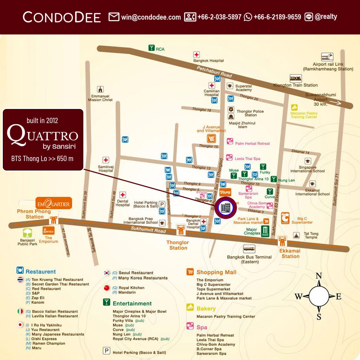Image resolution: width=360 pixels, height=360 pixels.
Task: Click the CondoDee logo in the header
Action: pyautogui.click(x=62, y=17)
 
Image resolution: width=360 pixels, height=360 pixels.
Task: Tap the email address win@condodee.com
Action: pyautogui.click(x=151, y=17)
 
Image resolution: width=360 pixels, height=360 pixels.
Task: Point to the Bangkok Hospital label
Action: pyautogui.click(x=208, y=60)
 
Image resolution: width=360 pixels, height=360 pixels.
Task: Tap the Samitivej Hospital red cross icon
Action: pyautogui.click(x=106, y=160)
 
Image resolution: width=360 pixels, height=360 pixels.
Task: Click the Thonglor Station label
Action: pyautogui.click(x=178, y=245)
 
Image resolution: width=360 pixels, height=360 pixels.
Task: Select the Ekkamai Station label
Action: pyautogui.click(x=290, y=253)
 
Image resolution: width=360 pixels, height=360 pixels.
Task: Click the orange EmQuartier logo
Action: pyautogui.click(x=54, y=203)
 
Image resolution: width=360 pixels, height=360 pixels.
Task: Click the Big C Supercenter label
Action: pyautogui.click(x=302, y=220)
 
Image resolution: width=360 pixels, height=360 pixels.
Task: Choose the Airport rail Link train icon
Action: pyautogui.click(x=327, y=57)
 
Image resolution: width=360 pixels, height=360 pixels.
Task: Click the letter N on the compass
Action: pyautogui.click(x=319, y=276)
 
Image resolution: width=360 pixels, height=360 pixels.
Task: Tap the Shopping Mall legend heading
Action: pyautogui.click(x=216, y=272)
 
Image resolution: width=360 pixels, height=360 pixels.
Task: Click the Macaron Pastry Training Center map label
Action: pyautogui.click(x=304, y=115)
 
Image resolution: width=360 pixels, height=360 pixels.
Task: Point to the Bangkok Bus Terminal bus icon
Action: pyautogui.click(x=249, y=249)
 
